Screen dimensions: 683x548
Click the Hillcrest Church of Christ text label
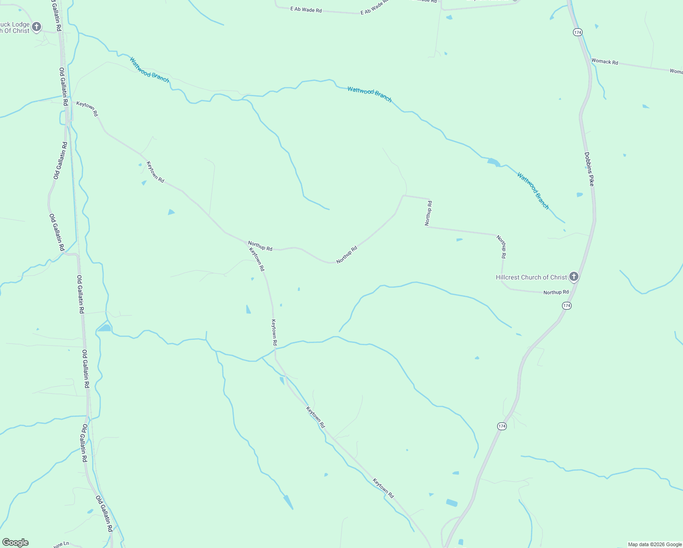(x=531, y=277)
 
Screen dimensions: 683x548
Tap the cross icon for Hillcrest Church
(x=574, y=276)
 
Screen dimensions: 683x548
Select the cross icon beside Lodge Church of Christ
(x=37, y=26)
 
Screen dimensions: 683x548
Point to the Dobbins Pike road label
(x=590, y=169)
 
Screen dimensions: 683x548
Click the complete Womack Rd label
(x=604, y=62)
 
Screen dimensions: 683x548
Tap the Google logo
(x=15, y=543)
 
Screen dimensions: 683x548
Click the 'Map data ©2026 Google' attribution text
(x=655, y=544)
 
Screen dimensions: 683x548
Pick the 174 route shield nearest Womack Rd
(x=578, y=32)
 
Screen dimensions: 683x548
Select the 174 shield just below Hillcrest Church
(x=567, y=306)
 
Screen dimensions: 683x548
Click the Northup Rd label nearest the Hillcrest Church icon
(x=556, y=292)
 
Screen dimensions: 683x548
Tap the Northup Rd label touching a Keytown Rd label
(x=260, y=246)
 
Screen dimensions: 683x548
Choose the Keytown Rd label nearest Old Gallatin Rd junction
(x=87, y=109)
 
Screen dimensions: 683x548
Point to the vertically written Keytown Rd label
(x=274, y=332)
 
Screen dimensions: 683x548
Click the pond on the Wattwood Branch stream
(x=494, y=162)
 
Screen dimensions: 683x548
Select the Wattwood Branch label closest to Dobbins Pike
(x=533, y=190)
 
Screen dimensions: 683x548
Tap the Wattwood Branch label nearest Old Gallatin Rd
(x=149, y=70)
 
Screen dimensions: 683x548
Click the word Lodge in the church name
(x=21, y=25)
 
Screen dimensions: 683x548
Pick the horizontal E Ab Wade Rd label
(x=306, y=9)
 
